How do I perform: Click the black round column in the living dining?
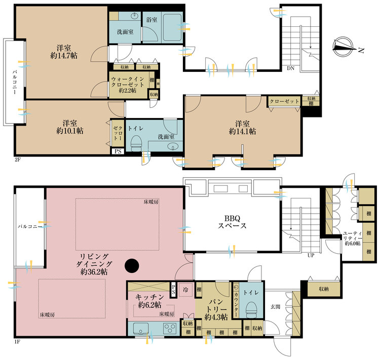132,266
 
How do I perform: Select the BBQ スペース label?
232,222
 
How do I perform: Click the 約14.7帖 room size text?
64,56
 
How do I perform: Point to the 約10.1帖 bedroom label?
70,131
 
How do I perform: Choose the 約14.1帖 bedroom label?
242,132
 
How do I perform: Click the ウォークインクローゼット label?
128,82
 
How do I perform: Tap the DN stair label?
291,68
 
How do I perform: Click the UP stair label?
311,255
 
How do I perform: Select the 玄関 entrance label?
275,307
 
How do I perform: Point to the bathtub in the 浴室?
172,27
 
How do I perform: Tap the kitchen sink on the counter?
140,328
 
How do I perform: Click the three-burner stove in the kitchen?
170,329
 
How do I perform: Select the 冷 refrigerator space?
186,290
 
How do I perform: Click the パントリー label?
216,306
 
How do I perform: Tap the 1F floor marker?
17,342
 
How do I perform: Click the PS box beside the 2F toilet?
118,151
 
